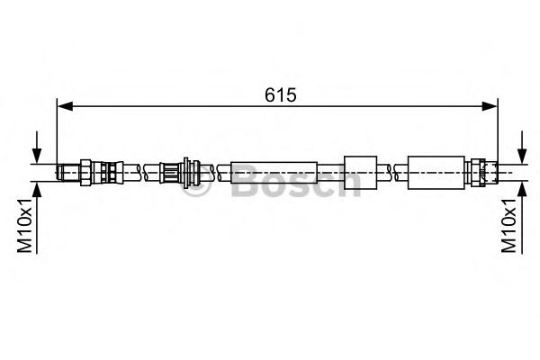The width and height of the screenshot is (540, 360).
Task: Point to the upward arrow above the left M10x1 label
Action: pos(37,190)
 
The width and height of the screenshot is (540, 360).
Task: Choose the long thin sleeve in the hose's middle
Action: pos(274,171)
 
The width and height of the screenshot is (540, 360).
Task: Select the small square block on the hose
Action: pos(360,170)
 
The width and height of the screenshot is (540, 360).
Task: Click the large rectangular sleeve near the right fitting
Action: pos(435,170)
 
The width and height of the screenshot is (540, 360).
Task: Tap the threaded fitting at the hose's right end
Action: pos(481,170)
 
